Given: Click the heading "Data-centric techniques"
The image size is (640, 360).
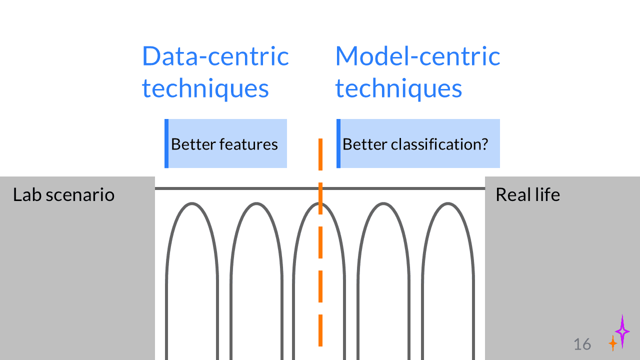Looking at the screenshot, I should click(215, 72).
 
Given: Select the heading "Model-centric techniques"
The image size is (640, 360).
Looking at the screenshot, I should click(417, 72).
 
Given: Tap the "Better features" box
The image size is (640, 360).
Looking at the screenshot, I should click(226, 144).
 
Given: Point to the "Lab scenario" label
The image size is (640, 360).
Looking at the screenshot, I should click(63, 194).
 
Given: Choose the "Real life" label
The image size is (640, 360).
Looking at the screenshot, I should click(527, 194).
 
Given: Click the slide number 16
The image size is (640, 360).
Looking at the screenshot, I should click(582, 344).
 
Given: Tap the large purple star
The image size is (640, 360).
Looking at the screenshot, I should click(622, 331).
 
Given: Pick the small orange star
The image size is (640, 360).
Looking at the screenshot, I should click(612, 343).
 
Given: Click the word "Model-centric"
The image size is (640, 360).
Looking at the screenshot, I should click(417, 56).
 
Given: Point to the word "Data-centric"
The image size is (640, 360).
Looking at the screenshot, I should click(215, 56).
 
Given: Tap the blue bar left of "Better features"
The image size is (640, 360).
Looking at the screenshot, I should click(166, 143).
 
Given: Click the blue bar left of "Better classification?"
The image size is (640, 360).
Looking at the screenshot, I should click(338, 143).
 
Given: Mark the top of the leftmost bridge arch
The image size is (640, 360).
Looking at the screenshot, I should click(192, 203).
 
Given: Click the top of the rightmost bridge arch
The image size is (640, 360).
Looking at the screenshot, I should click(448, 203).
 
